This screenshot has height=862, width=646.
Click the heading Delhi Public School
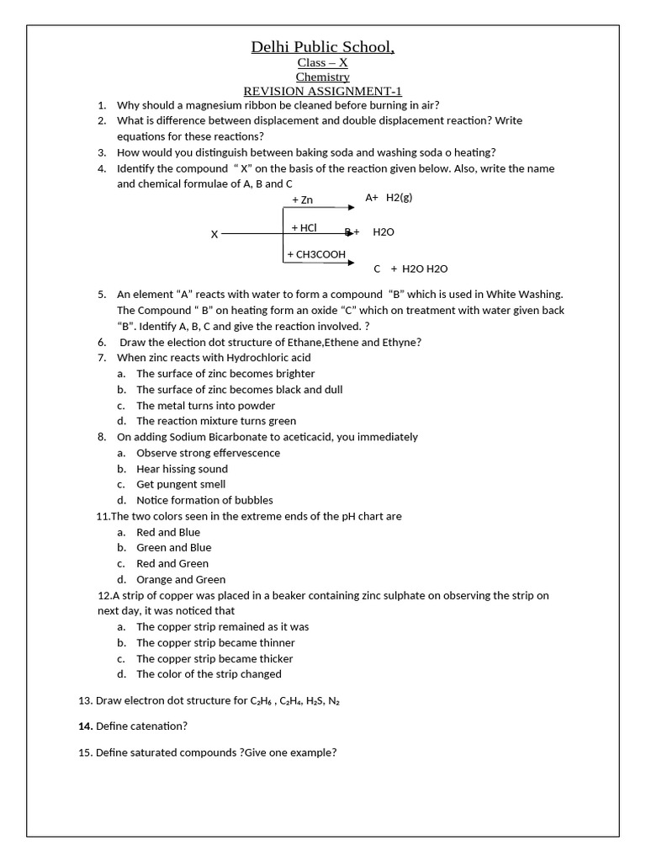pos(323,47)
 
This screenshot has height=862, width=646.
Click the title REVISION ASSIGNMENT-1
pos(323,91)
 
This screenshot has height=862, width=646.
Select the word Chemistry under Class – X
pos(323,77)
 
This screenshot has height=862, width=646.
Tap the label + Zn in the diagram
pos(302,200)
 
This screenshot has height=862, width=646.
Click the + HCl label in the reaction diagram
pos(304,227)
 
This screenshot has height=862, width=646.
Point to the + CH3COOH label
pos(316,254)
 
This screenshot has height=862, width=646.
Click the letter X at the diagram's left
pos(214,234)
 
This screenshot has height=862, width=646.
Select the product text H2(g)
pos(400,197)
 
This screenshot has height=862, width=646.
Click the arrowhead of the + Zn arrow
pos(351,207)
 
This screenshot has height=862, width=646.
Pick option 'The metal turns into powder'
pos(206,405)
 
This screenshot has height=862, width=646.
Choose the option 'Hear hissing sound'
pos(182,469)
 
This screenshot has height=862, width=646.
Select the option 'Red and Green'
pos(172,563)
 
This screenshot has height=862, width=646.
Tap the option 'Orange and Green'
pos(181,579)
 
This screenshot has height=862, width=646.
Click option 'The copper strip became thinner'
pos(214,642)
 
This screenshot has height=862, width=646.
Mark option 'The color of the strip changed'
pos(209,673)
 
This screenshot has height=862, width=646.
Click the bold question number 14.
pos(84,726)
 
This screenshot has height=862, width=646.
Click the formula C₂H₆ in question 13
pos(262,700)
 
